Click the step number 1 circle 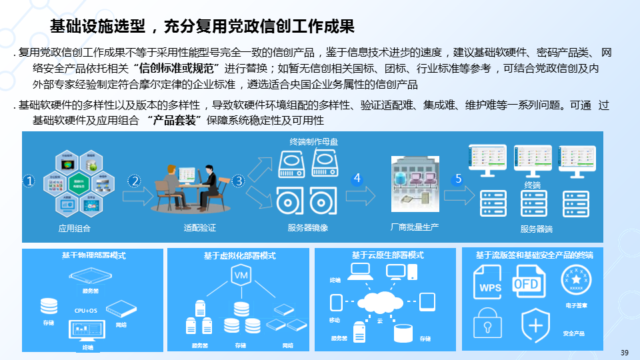click(29, 181)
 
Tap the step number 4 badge click(357, 179)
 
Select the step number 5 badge click(458, 179)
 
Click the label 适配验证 click(200, 228)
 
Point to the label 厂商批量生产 click(415, 227)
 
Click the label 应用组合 click(75, 228)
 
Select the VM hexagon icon click(240, 275)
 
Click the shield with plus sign click(535, 325)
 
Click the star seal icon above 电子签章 click(575, 281)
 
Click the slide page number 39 click(625, 353)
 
